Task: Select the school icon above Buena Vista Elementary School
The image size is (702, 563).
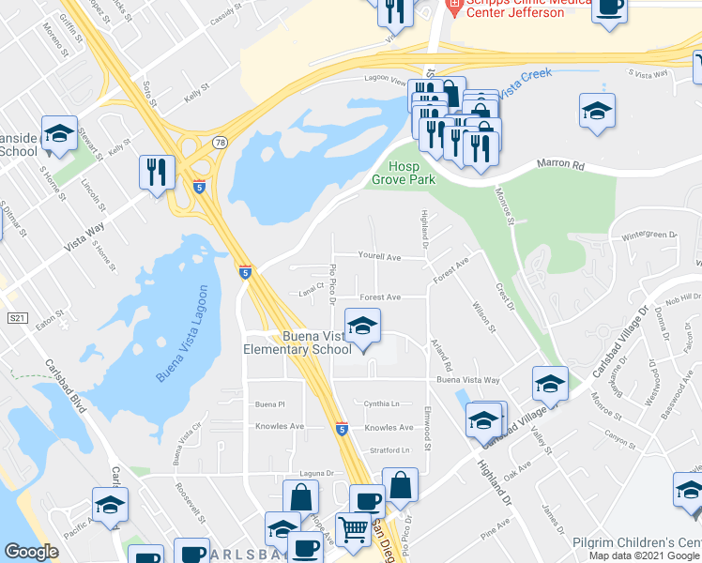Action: click(361, 327)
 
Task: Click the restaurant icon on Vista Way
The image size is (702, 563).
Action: click(156, 172)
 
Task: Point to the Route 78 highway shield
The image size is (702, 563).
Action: click(219, 143)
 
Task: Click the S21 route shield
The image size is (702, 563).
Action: click(16, 318)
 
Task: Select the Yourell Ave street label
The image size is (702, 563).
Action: click(379, 256)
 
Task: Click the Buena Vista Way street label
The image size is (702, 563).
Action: click(468, 380)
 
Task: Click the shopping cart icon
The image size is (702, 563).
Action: click(354, 529)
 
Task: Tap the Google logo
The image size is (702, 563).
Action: click(31, 552)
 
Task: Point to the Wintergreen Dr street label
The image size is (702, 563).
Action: click(649, 235)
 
